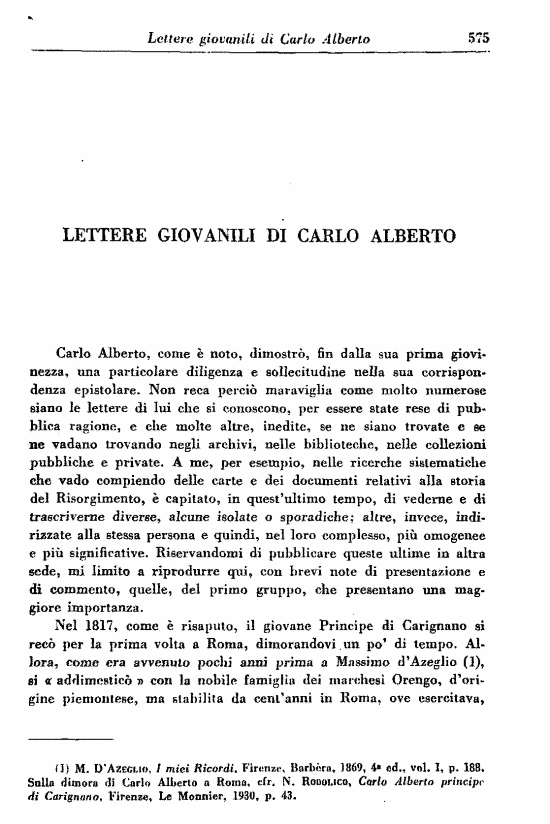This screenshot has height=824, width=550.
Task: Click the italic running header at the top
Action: [x=259, y=38]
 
